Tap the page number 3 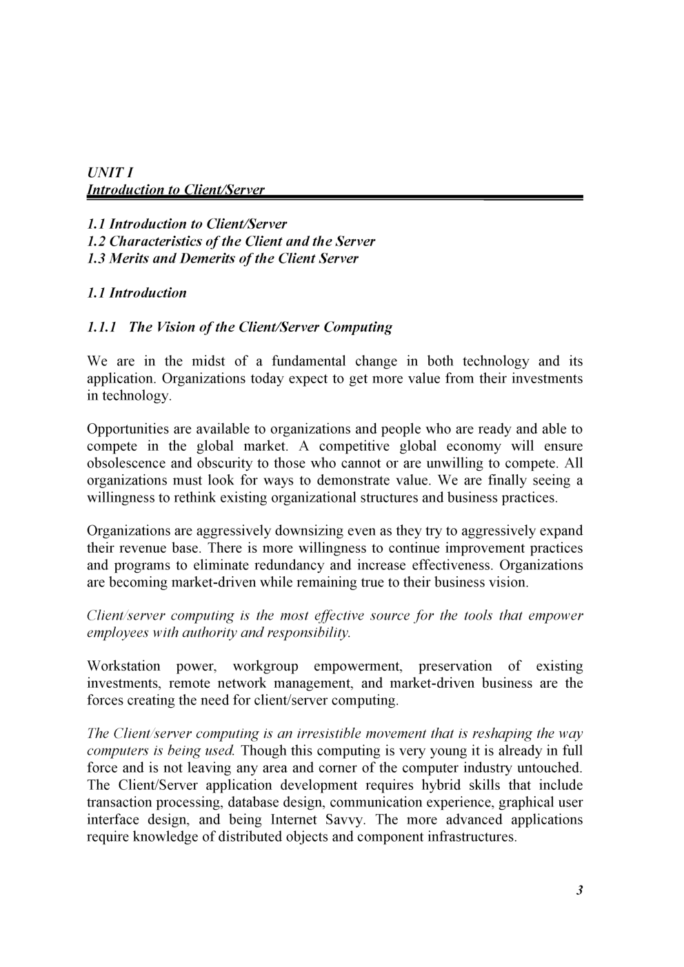pos(579,890)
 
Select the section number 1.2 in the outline pos(97,241)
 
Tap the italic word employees pos(114,632)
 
